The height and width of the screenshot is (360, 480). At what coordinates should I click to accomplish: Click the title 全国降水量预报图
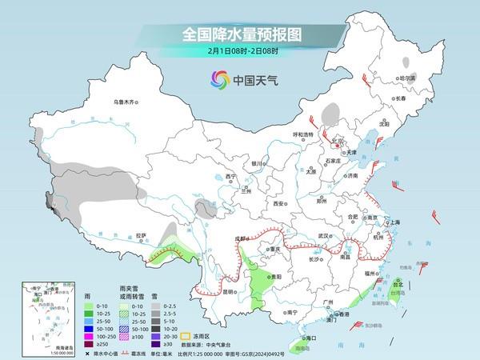(240, 34)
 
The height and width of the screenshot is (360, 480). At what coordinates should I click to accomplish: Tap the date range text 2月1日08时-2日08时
(240, 52)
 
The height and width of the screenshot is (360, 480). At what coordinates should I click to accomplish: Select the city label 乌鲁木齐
(126, 102)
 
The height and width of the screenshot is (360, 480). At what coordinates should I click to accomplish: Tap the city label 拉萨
(141, 235)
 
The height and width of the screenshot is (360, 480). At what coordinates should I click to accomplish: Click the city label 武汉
(323, 236)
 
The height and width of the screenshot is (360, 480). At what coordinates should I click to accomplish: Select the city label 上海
(394, 223)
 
